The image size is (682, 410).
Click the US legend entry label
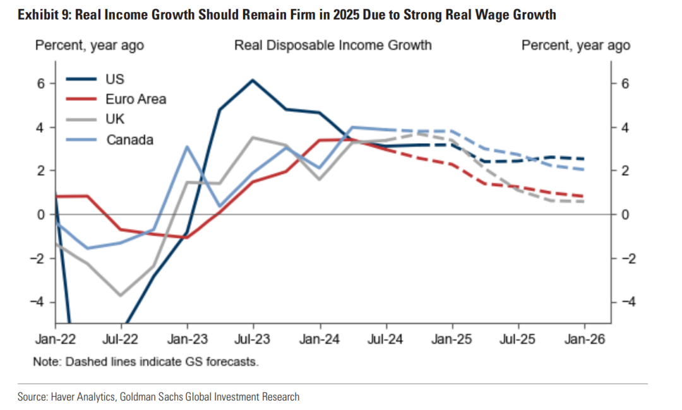(115, 79)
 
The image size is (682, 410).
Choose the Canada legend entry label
(129, 139)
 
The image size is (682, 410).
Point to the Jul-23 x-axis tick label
(253, 339)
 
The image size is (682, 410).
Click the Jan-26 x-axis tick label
(583, 339)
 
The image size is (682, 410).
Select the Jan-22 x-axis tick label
(56, 339)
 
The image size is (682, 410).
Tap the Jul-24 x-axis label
(385, 339)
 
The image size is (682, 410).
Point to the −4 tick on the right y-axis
(625, 302)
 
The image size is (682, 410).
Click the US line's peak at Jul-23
(253, 80)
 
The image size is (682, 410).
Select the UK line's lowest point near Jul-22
(121, 295)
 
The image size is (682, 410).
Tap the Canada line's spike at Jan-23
(188, 146)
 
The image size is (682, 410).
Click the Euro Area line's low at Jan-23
(187, 238)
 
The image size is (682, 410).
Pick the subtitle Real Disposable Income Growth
(333, 45)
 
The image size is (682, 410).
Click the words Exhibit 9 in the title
(44, 14)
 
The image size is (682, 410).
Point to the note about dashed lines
(146, 362)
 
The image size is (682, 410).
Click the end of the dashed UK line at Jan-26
(583, 201)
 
